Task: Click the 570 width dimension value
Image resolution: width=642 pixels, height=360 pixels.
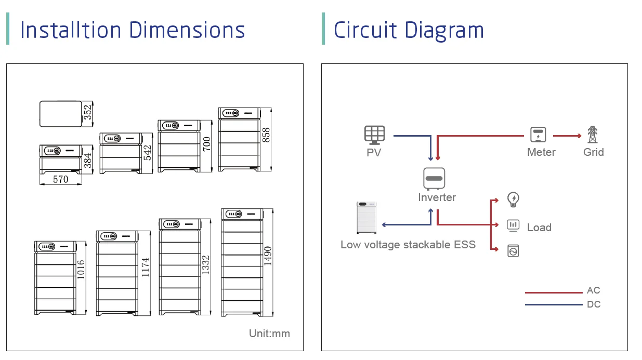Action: click(x=60, y=179)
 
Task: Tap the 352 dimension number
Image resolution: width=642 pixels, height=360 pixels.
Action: click(x=87, y=112)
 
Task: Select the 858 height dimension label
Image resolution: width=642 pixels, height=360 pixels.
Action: click(x=266, y=135)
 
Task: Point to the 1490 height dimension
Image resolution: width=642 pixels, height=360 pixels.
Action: click(x=267, y=256)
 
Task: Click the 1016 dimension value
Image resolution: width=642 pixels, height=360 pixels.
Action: click(x=81, y=270)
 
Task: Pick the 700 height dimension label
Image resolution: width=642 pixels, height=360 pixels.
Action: click(x=206, y=144)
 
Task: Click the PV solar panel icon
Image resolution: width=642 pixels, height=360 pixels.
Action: click(x=375, y=135)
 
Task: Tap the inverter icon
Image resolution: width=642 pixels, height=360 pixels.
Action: click(x=434, y=179)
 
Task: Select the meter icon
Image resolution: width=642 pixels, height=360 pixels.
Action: click(x=538, y=135)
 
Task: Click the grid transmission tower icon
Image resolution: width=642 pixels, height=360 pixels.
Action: click(x=593, y=135)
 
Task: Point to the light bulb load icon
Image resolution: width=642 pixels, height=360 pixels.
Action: click(x=513, y=199)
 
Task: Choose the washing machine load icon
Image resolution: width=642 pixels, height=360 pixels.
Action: click(x=513, y=251)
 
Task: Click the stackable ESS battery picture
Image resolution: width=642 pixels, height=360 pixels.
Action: click(x=366, y=218)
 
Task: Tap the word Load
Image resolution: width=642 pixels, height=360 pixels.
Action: click(x=540, y=228)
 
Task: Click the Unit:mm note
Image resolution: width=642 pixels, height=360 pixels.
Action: click(x=269, y=334)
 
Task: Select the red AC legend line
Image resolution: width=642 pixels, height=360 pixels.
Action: click(x=554, y=292)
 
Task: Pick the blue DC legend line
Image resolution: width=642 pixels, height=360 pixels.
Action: click(x=554, y=304)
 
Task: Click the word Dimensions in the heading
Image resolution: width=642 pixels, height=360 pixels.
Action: click(x=187, y=30)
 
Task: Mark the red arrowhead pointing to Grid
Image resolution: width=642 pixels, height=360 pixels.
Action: click(x=580, y=136)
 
